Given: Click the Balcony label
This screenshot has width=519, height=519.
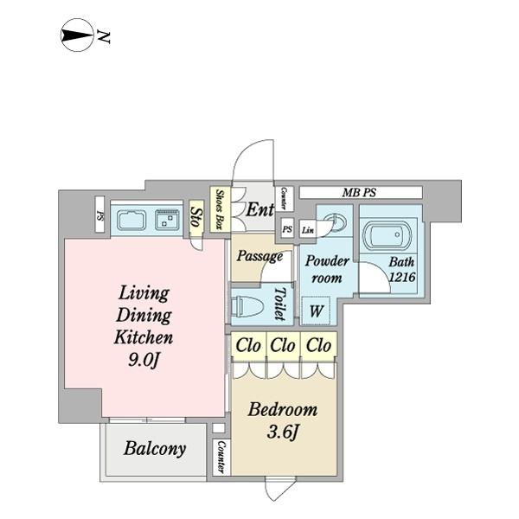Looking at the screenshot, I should [x=154, y=449].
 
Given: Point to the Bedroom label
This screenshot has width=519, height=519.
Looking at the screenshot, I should [x=282, y=410].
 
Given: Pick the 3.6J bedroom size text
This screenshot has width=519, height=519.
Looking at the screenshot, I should [x=283, y=433].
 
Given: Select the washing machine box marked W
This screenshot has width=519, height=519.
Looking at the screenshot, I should [x=316, y=311].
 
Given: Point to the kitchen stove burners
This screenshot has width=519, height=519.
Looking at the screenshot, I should [x=166, y=221].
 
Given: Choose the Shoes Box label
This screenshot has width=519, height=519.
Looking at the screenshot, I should [x=221, y=209].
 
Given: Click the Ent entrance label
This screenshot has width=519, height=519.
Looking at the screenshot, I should [x=259, y=209].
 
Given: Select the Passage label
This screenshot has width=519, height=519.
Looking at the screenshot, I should [x=259, y=256].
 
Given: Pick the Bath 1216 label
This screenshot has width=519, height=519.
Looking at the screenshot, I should [x=400, y=270].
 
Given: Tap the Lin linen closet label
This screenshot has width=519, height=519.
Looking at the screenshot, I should [x=307, y=229].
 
